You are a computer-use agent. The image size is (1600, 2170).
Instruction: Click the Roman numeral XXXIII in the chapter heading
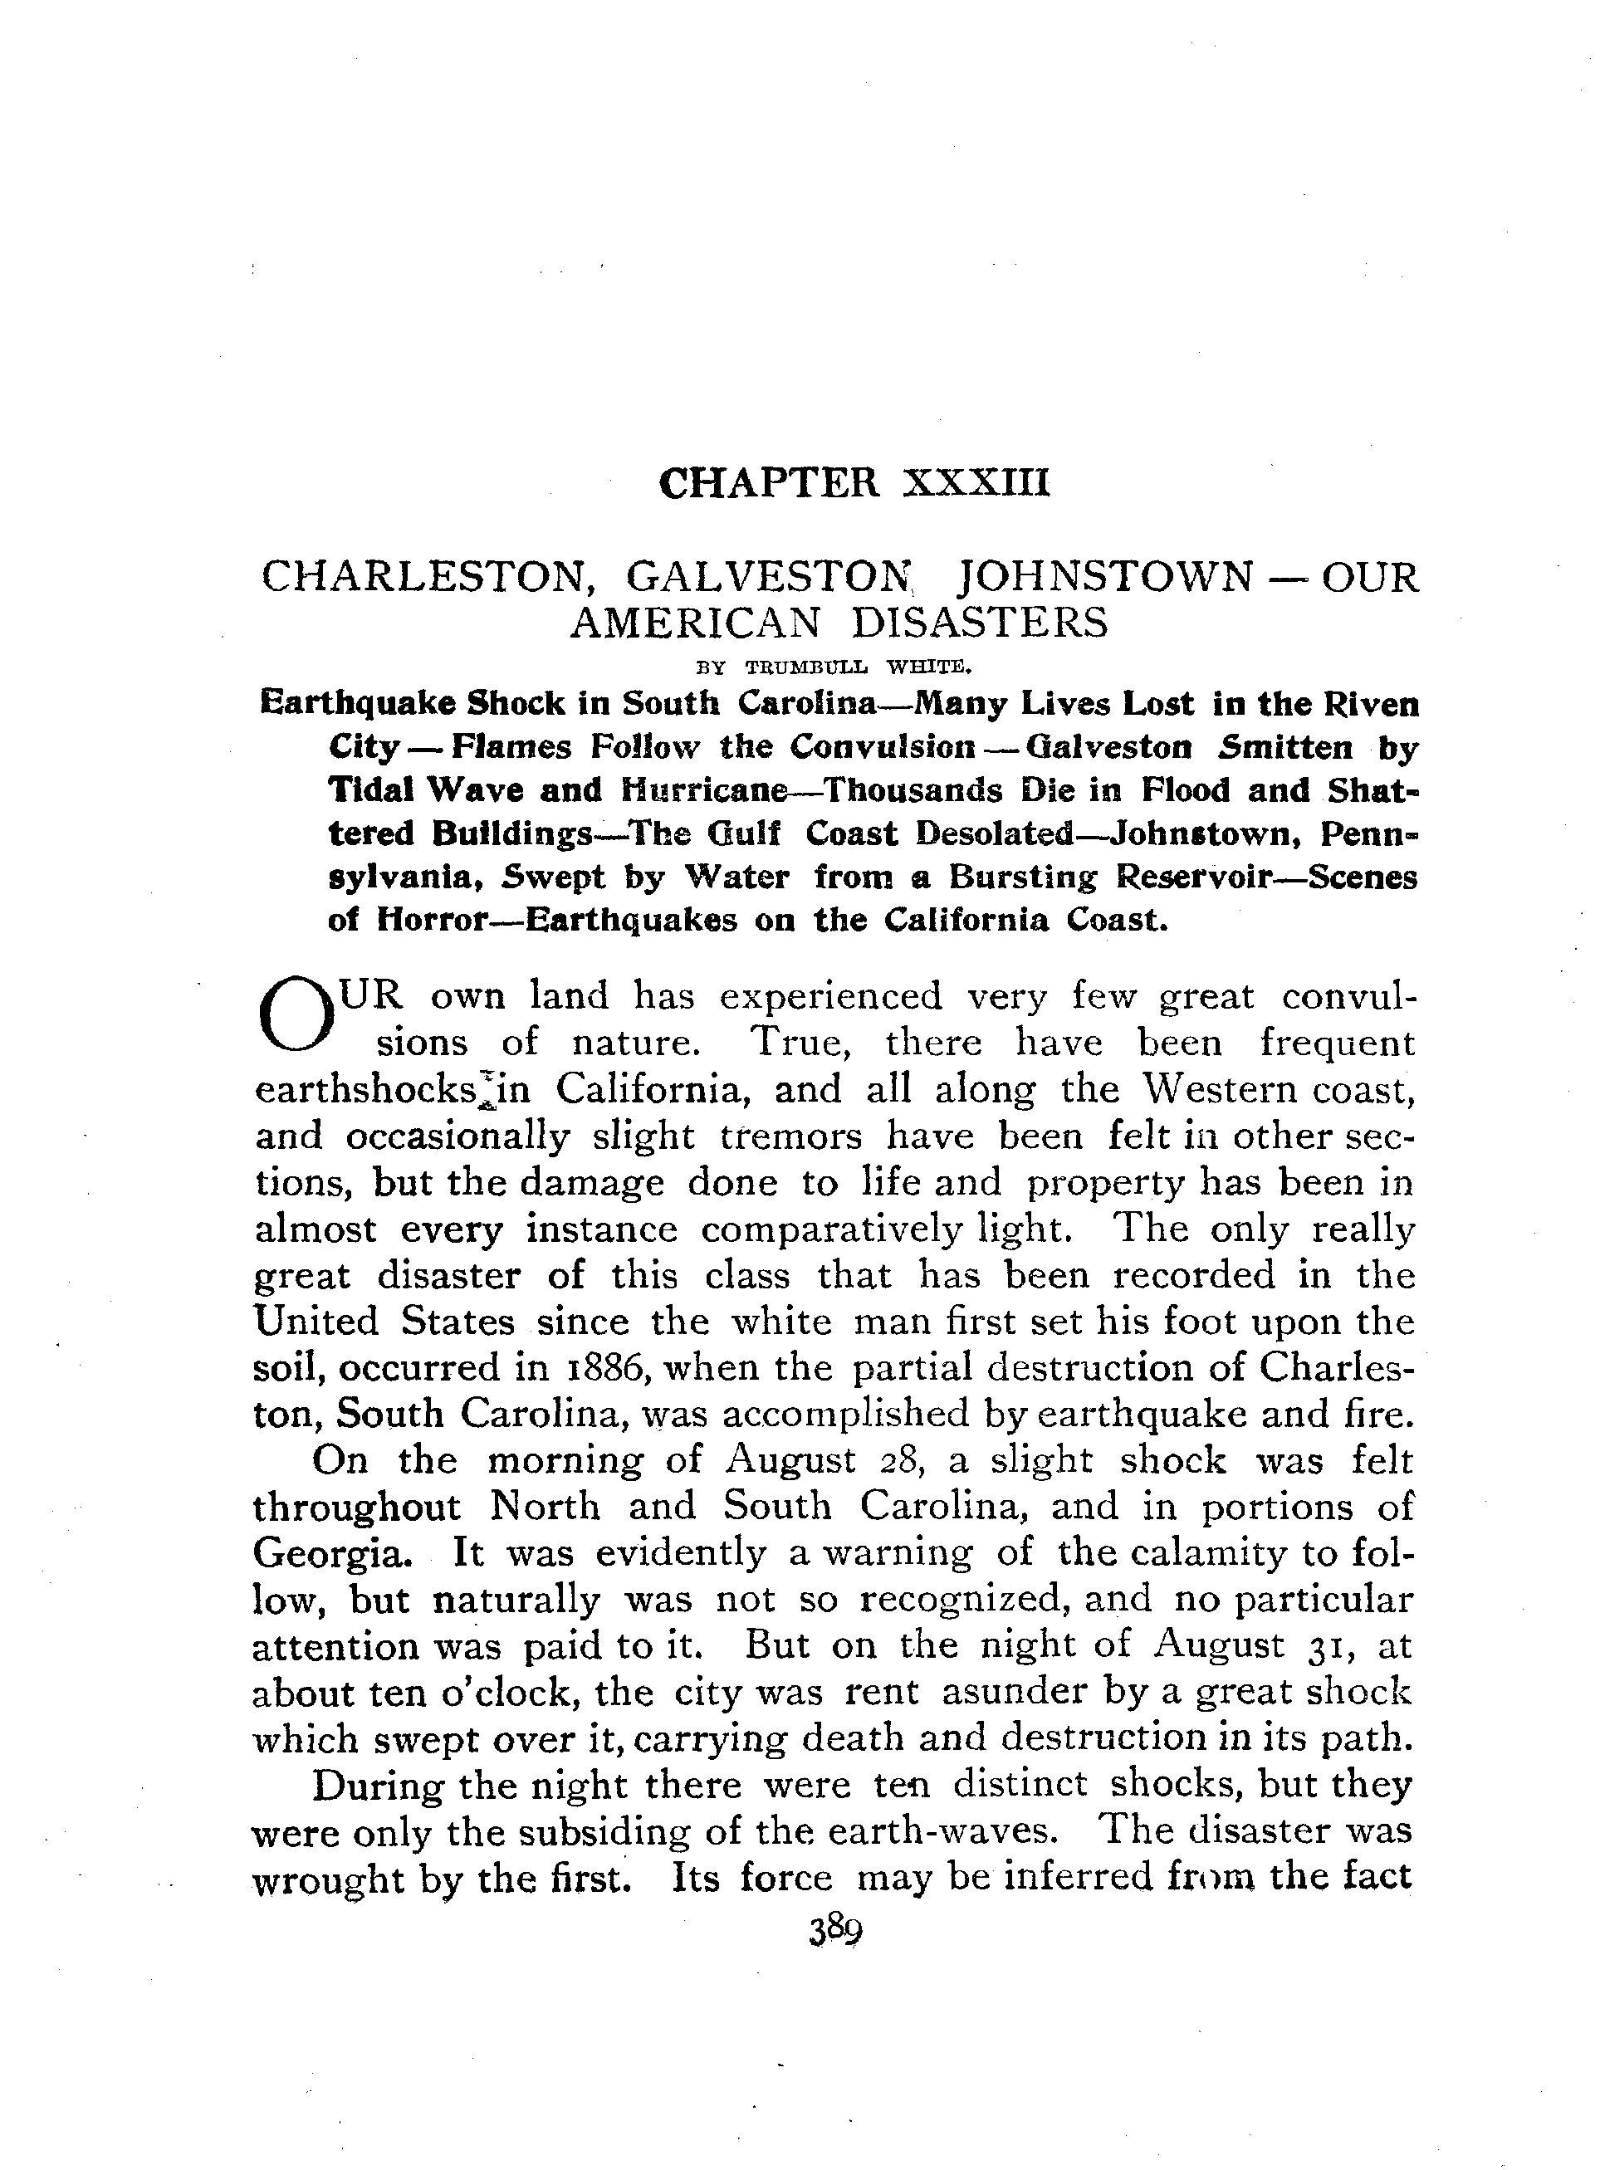(x=976, y=482)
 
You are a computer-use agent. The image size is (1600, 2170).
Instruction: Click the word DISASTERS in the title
(x=979, y=623)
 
